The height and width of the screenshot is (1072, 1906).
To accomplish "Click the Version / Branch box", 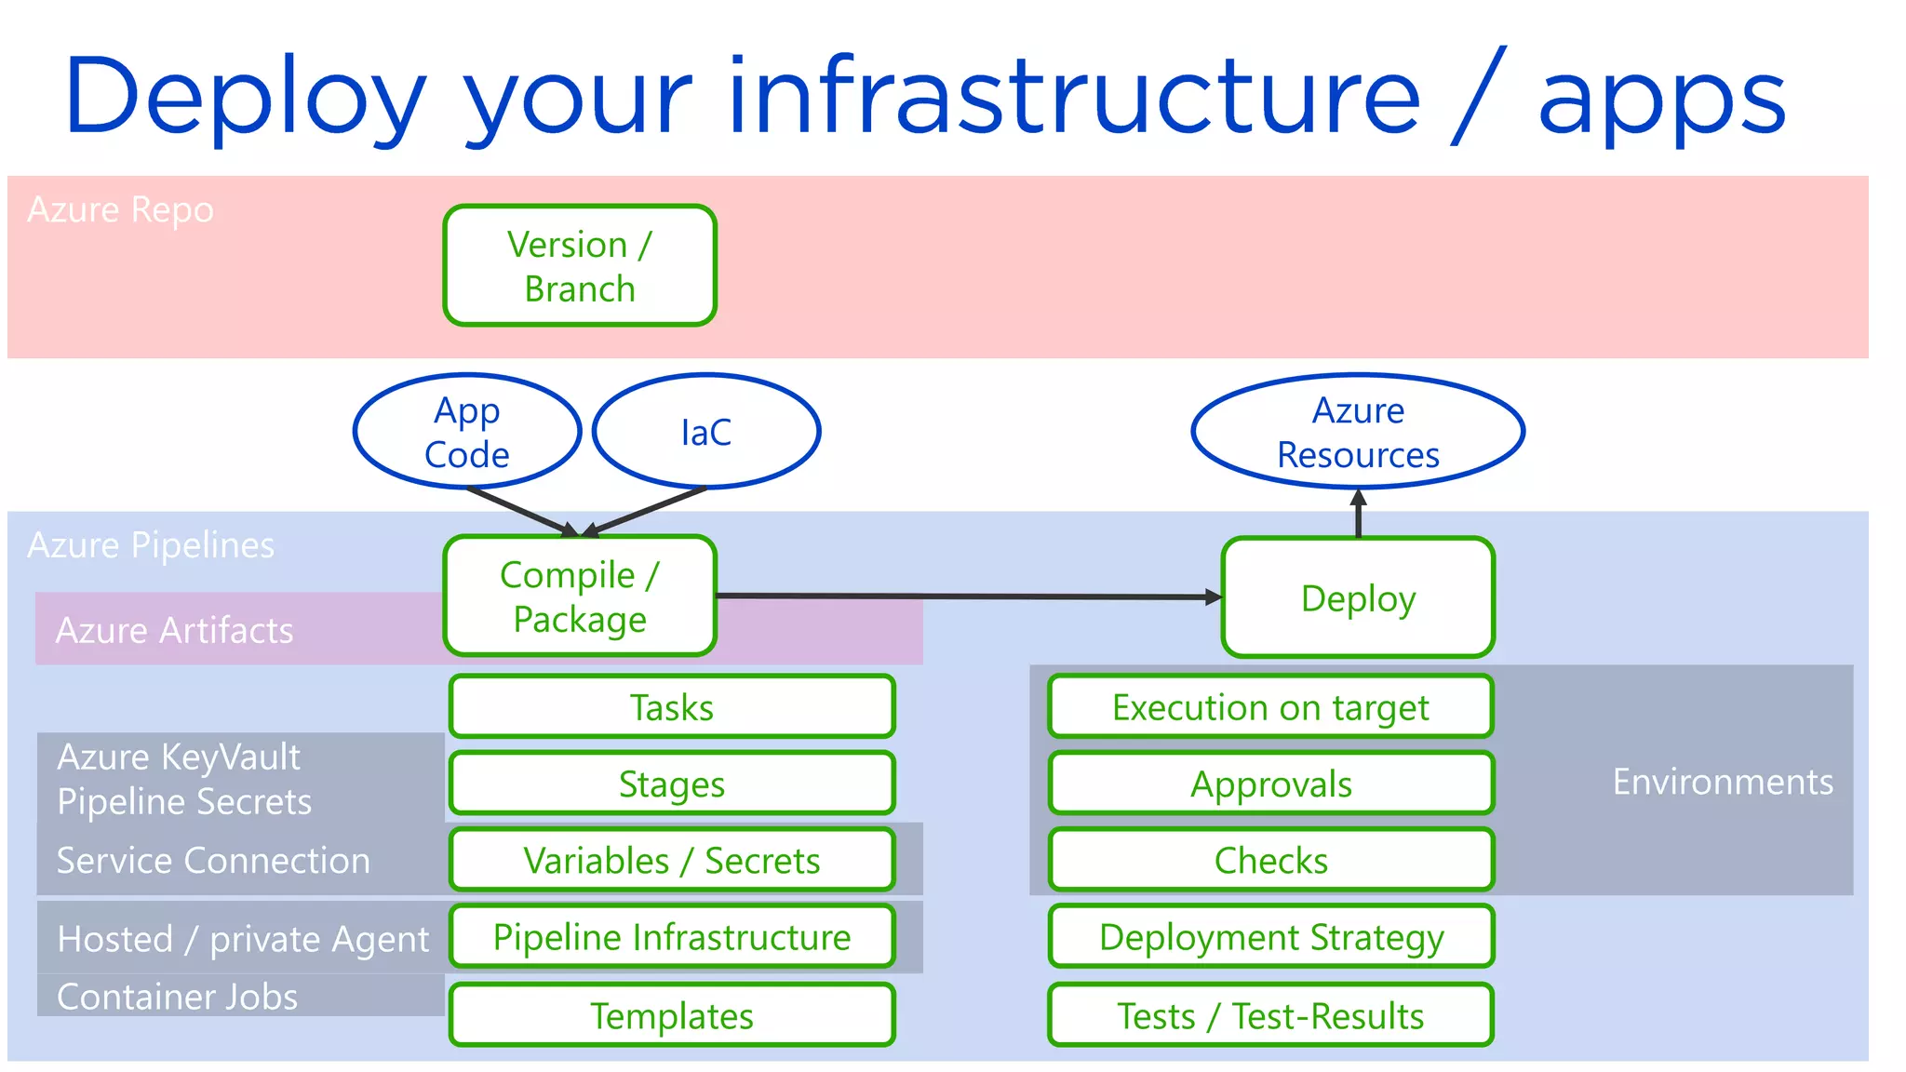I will pos(580,266).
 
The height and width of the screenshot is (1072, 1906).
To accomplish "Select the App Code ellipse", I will pos(467,432).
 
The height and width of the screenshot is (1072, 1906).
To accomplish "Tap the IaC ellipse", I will pos(706,432).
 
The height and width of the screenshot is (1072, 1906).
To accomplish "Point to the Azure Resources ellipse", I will pos(1358,432).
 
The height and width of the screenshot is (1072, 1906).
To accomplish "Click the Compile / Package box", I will pos(580,596).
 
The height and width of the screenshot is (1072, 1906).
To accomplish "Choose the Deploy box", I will pos(1358,597).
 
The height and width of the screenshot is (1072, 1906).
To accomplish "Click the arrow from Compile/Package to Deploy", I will pos(968,596).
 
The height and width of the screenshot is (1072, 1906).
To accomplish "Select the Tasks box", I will pos(672,707).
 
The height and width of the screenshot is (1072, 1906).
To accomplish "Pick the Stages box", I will pos(672,784).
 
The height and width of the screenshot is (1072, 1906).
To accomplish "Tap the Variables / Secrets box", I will pos(672,860).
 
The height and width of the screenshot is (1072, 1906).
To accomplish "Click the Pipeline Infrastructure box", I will pos(672,936).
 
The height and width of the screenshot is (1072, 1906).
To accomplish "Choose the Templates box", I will pos(672,1015).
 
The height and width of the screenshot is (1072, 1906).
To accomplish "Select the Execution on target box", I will pos(1270,707).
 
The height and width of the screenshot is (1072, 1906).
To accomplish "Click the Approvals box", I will pos(1270,784).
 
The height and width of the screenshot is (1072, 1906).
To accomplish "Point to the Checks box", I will pos(1270,860).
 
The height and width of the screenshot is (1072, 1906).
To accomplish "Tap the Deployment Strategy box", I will pos(1270,936).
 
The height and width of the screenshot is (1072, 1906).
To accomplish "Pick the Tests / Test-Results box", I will pos(1270,1015).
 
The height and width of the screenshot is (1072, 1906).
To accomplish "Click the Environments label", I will pos(1723,782).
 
